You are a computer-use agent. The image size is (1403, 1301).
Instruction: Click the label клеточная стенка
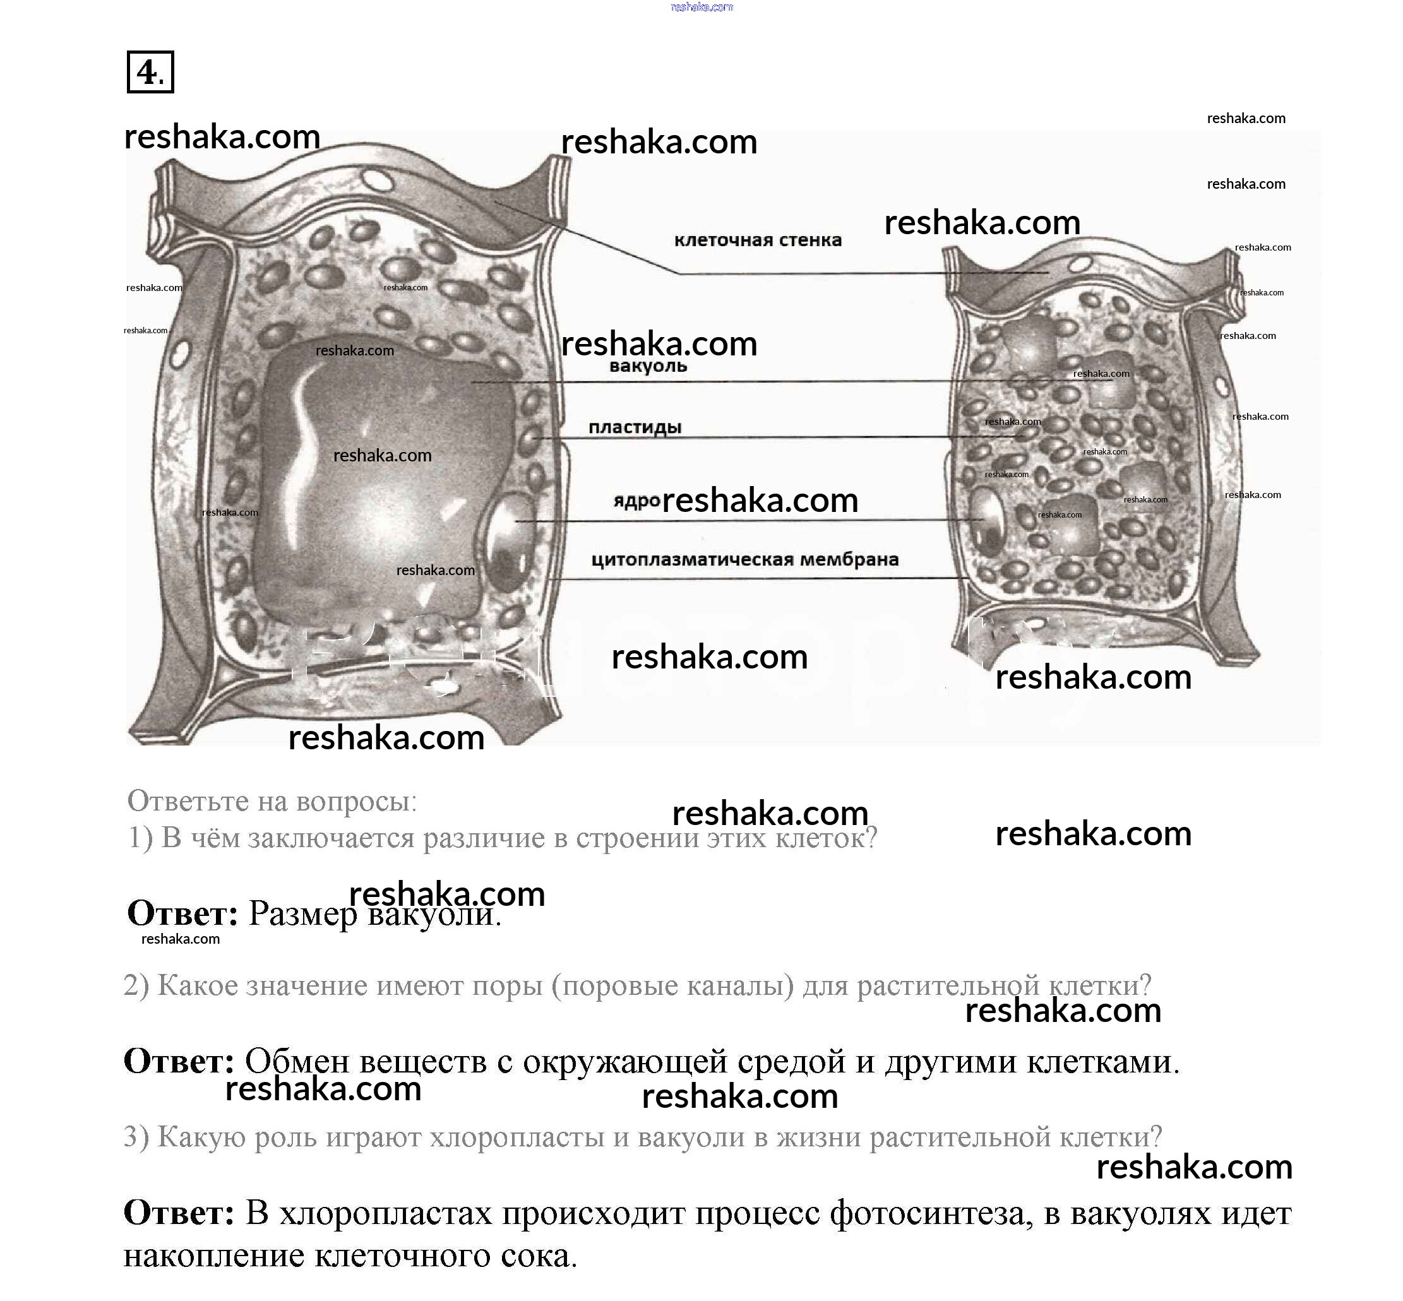pyautogui.click(x=757, y=240)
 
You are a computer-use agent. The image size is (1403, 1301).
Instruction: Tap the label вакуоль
pyautogui.click(x=647, y=366)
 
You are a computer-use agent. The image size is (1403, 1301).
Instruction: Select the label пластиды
pyautogui.click(x=635, y=427)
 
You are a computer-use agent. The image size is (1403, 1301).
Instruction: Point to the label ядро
pyautogui.click(x=635, y=501)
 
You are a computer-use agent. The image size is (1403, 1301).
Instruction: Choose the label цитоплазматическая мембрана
pyautogui.click(x=744, y=560)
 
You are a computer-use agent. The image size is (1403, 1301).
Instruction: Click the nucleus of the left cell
pyautogui.click(x=509, y=541)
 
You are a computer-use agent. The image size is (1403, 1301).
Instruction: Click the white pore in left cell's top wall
pyautogui.click(x=379, y=179)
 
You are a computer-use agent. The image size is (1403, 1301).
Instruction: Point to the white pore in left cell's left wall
pyautogui.click(x=181, y=352)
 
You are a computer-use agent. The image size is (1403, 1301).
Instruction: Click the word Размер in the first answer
pyautogui.click(x=303, y=914)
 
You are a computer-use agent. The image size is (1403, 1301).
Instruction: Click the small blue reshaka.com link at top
pyautogui.click(x=701, y=7)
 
